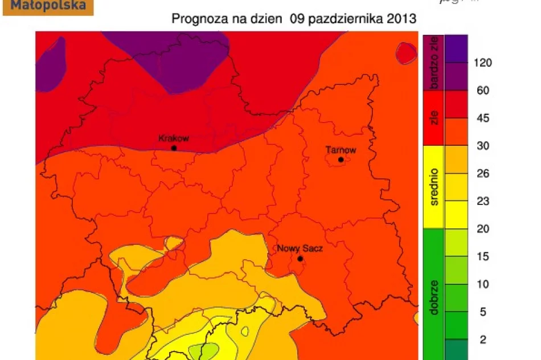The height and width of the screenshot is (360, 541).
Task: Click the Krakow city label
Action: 173,138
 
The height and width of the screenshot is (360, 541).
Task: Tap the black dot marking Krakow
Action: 174,148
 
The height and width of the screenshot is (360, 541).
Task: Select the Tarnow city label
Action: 341,150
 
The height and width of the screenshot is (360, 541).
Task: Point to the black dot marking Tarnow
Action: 341,159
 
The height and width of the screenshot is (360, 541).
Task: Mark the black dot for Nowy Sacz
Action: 300,259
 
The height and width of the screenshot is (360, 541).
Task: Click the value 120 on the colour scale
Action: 483,63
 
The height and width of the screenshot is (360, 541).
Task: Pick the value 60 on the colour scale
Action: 483,91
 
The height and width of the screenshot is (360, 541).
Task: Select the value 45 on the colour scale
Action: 483,118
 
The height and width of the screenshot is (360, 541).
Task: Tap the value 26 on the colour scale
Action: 483,174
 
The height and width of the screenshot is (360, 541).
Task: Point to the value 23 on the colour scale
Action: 483,202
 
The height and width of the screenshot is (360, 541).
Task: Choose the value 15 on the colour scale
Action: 483,257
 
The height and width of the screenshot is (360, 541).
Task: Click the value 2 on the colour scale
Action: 483,339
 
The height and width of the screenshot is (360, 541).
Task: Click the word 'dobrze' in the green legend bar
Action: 434,297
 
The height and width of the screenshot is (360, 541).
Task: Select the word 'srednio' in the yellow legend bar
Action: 434,186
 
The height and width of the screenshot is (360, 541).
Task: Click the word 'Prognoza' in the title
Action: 195,19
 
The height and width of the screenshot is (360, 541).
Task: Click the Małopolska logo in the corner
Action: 47,7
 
